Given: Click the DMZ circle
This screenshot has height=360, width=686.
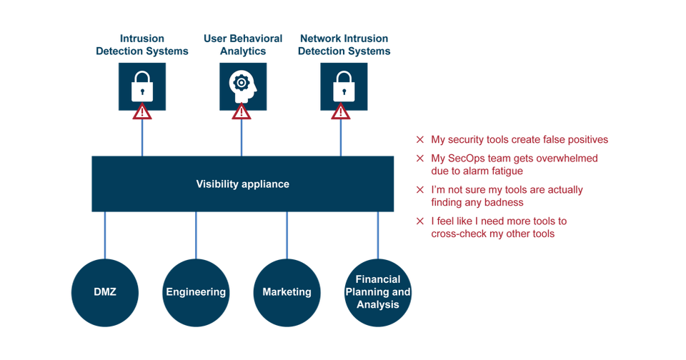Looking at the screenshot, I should tap(104, 292).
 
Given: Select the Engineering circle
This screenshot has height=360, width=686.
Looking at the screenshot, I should tap(196, 292).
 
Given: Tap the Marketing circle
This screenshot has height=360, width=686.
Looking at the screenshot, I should tap(287, 292).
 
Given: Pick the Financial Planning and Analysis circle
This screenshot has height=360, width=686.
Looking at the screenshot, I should tap(378, 292).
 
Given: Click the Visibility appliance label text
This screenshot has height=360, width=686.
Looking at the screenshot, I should tap(242, 184).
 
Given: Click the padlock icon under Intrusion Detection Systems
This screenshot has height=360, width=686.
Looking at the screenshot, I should tap(142, 86).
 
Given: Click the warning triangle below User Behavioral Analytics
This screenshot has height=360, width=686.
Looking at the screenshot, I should tap(242, 111).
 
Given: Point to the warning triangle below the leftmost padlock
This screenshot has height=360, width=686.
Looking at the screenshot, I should tap(142, 111).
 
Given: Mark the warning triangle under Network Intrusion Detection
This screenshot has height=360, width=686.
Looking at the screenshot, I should tap(341, 111).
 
